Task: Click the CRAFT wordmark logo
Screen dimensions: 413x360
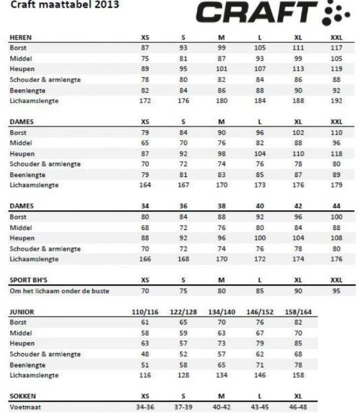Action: click(x=257, y=14)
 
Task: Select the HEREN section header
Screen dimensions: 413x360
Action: click(x=20, y=38)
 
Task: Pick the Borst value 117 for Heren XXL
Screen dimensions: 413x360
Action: click(x=336, y=48)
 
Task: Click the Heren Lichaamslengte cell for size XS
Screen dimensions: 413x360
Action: click(x=145, y=101)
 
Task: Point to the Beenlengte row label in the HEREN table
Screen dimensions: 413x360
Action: click(x=27, y=90)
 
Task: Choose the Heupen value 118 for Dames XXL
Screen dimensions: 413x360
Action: click(x=336, y=153)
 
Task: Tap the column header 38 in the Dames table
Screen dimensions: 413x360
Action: click(x=221, y=206)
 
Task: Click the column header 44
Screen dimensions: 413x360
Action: click(x=336, y=206)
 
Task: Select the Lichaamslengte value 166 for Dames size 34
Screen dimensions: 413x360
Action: click(x=145, y=259)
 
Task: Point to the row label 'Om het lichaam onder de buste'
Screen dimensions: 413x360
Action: click(x=59, y=291)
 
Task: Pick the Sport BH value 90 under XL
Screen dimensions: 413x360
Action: click(x=298, y=291)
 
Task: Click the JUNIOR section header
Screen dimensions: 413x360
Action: click(x=22, y=312)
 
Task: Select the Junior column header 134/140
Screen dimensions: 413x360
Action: click(x=221, y=312)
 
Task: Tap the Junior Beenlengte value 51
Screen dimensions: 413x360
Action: click(x=145, y=365)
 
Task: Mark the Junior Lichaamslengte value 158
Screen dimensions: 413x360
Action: click(x=298, y=375)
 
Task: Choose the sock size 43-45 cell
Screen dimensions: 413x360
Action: click(x=260, y=407)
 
